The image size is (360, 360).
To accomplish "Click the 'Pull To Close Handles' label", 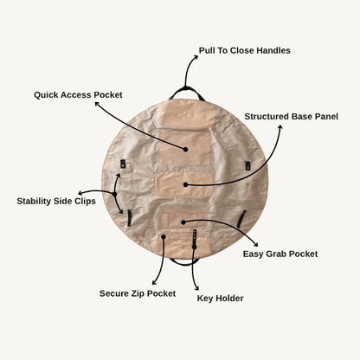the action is point(244,50).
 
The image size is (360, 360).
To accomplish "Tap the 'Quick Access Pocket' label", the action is point(78,95).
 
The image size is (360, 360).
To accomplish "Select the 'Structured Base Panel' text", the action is point(291,117).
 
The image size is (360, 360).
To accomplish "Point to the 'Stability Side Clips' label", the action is point(56,201).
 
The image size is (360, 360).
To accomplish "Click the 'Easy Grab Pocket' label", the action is point(280,254).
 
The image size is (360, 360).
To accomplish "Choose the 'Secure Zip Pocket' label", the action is point(138,293).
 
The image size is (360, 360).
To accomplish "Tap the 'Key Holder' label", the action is point(220,299).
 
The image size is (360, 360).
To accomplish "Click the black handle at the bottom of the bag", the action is point(184,262).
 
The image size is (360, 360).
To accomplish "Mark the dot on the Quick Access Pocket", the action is point(185,150).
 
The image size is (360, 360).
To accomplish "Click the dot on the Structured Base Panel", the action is point(186,184).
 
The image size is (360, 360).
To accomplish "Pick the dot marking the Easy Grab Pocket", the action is point(183,222).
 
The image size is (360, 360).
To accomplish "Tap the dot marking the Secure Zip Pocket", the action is point(164,237).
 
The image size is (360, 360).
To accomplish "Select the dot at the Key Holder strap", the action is point(195,247).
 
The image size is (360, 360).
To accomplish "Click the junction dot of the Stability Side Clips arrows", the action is point(114,194).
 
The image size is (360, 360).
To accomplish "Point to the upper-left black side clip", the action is point(123,164).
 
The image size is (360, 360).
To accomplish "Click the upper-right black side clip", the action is point(247,166).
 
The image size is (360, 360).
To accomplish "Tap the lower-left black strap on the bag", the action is point(129,218).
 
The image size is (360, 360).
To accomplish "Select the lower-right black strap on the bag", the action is point(241,219).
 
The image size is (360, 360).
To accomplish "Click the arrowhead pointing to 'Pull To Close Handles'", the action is point(196,57).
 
